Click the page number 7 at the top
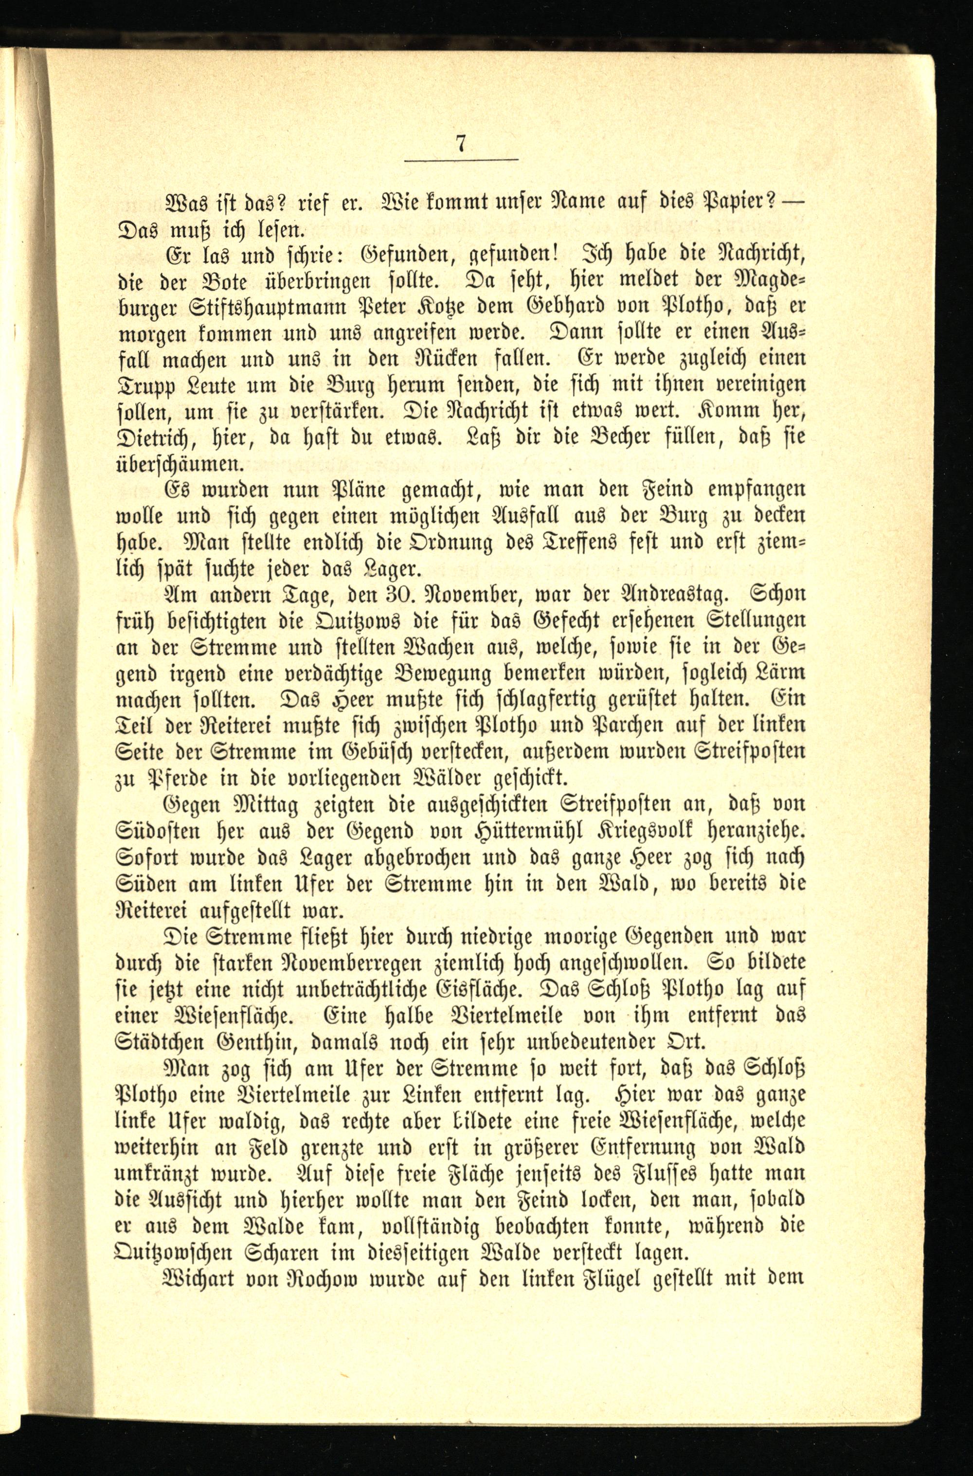tap(460, 144)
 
